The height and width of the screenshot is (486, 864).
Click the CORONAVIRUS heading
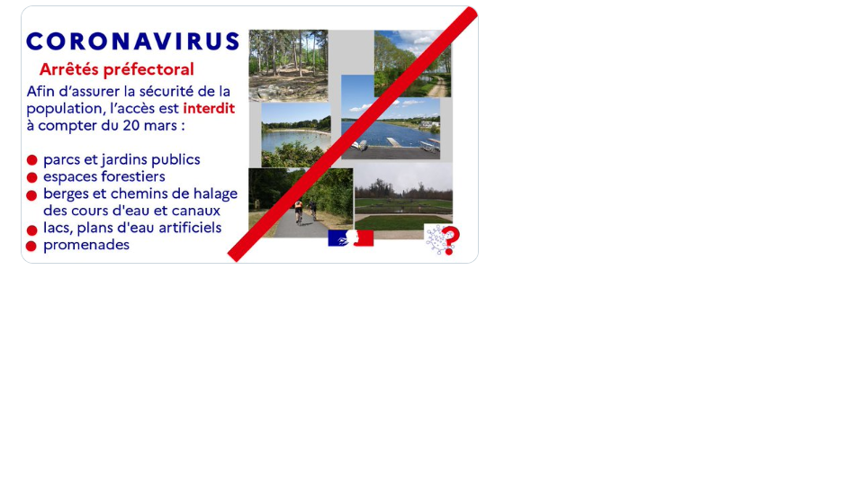point(133,42)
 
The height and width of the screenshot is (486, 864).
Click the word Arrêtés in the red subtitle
point(69,69)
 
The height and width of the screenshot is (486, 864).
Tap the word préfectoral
point(148,70)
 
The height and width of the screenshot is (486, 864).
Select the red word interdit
point(209,108)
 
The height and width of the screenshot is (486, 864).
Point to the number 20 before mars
point(130,126)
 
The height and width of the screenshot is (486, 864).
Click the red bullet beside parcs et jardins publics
point(32,160)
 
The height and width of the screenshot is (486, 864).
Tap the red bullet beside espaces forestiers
point(32,177)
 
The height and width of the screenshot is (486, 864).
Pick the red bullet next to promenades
point(31,247)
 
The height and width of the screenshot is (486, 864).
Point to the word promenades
point(86,245)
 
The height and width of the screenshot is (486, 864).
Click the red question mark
point(451,240)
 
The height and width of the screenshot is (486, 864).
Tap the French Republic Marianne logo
point(351,238)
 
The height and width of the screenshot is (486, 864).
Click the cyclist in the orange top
point(299,211)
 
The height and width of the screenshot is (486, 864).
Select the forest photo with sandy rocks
point(288,66)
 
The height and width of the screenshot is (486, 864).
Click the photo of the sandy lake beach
point(296,135)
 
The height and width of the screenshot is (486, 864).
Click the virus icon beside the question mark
point(437,239)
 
